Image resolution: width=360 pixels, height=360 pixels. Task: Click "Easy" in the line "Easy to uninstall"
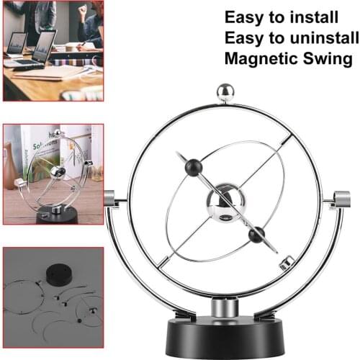pos(243,38)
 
